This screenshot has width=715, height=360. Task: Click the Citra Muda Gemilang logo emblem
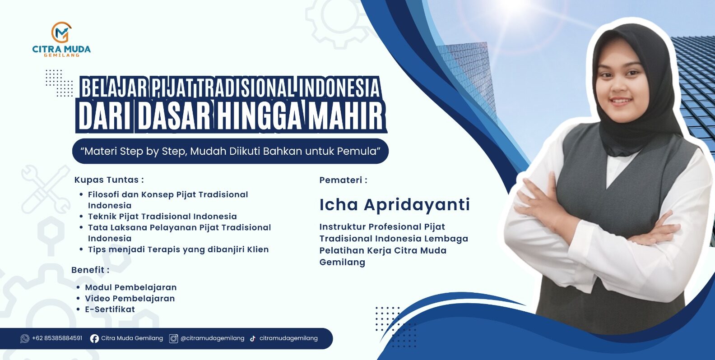[x=61, y=32]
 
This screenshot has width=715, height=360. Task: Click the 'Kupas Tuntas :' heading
[x=109, y=180]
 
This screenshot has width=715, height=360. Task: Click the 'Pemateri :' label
[x=343, y=180]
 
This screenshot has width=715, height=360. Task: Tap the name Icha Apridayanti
[x=395, y=205]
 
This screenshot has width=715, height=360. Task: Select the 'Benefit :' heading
[x=90, y=270]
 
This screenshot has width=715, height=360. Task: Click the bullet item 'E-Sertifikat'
[x=110, y=309]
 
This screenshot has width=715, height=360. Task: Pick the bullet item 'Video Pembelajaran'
[x=130, y=298]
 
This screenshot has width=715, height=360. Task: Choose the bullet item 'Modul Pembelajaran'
[x=131, y=287]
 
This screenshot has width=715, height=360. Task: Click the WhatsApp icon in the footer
[x=24, y=338]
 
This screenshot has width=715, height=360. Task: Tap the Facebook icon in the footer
[x=94, y=338]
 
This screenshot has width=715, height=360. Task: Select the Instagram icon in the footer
[x=173, y=338]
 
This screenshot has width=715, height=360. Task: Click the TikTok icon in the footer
[x=253, y=338]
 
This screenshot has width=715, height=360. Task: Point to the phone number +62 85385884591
[x=57, y=338]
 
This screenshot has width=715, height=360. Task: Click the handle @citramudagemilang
[x=212, y=338]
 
